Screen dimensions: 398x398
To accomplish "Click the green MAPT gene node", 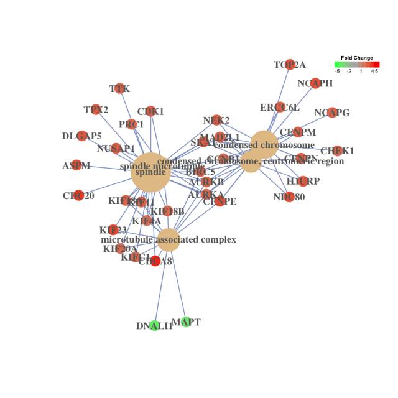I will pyautogui.click(x=185, y=322).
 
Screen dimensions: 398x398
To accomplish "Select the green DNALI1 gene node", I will pyautogui.click(x=154, y=325).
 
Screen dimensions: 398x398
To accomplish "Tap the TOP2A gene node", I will pyautogui.click(x=289, y=65).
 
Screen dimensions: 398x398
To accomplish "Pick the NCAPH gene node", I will pyautogui.click(x=315, y=83).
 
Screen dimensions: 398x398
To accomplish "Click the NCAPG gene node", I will pyautogui.click(x=331, y=113).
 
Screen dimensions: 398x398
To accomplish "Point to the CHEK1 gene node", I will pyautogui.click(x=337, y=150).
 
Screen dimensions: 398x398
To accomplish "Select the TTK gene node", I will pyautogui.click(x=119, y=89).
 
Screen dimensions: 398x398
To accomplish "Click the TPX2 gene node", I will pyautogui.click(x=96, y=110).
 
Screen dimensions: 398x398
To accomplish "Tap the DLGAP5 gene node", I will pyautogui.click(x=81, y=136).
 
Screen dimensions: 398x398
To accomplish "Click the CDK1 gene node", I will pyautogui.click(x=150, y=111).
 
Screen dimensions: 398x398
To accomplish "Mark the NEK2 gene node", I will pyautogui.click(x=216, y=120).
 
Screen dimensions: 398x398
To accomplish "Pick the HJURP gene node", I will pyautogui.click(x=303, y=181).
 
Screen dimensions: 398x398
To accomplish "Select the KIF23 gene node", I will pyautogui.click(x=113, y=230).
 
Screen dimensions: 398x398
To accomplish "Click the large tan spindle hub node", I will pyautogui.click(x=150, y=172).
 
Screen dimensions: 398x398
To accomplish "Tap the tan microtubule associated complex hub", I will pyautogui.click(x=169, y=239).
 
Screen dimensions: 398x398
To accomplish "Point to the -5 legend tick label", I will pyautogui.click(x=337, y=71).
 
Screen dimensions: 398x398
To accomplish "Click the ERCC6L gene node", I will pyautogui.click(x=280, y=107).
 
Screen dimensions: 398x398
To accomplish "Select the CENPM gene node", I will pyautogui.click(x=297, y=132).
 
